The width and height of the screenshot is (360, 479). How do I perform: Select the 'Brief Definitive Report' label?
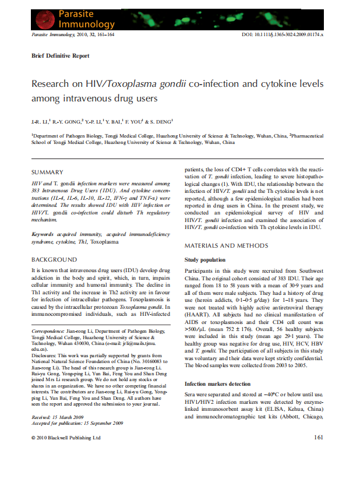(61, 56)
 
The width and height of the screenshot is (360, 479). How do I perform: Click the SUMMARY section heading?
(48, 172)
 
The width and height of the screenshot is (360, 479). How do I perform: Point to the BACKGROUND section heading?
(54, 259)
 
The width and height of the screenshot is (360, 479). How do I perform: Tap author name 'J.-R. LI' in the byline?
(39, 121)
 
